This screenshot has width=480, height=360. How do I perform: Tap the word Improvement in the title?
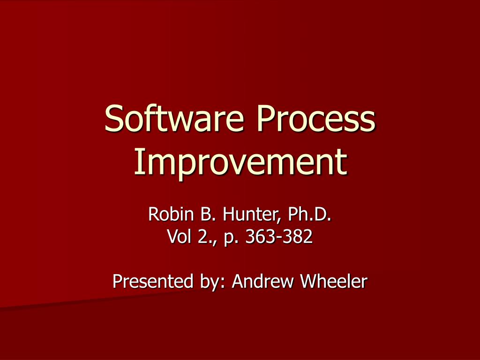pyautogui.click(x=240, y=162)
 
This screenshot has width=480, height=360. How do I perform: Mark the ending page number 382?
pyautogui.click(x=295, y=238)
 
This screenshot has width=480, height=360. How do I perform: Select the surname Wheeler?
pyautogui.click(x=334, y=281)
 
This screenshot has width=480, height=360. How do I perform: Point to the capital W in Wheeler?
pyautogui.click(x=309, y=281)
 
